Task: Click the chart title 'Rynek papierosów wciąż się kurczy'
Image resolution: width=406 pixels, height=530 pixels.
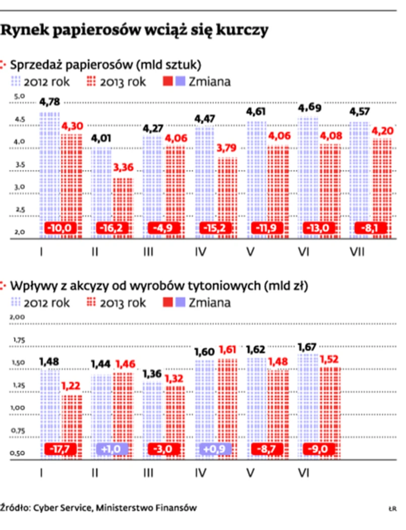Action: tap(134, 31)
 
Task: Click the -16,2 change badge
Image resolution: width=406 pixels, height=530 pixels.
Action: tap(112, 228)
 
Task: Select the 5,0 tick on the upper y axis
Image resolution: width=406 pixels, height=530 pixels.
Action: tap(19, 97)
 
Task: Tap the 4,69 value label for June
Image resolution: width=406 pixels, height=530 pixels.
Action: tap(308, 108)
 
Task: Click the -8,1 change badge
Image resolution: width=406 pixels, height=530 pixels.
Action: tap(372, 228)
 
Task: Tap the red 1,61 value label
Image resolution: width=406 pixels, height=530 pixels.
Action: tap(227, 349)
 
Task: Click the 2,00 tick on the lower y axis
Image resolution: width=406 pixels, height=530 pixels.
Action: tap(18, 317)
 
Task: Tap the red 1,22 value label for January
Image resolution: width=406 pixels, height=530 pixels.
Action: tap(71, 386)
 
